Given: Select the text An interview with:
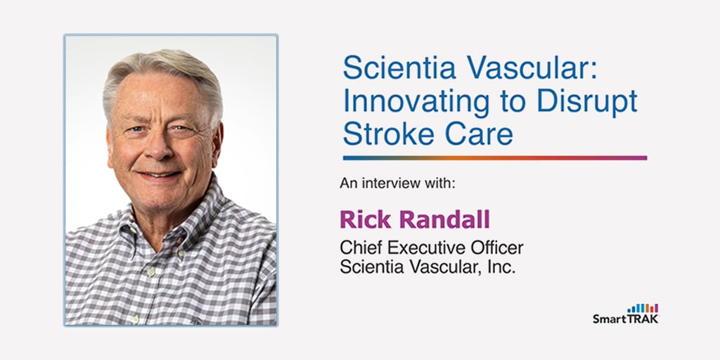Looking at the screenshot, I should coord(398,184).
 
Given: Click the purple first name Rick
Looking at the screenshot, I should coord(364,219).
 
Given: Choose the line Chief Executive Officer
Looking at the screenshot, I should coord(432,248).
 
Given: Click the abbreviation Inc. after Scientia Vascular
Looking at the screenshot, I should coord(502,267).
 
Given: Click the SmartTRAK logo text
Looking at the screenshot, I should coord(625,319).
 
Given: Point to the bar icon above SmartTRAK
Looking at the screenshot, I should coord(643,308).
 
